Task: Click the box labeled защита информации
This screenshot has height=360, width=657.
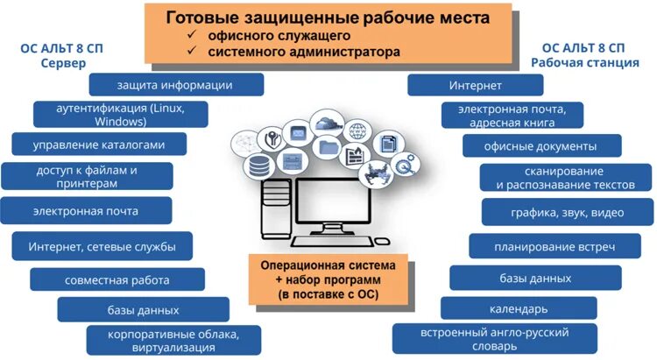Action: [x=176, y=84]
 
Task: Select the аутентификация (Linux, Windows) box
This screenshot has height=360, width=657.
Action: [x=120, y=115]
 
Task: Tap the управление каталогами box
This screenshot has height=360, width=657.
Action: [x=99, y=145]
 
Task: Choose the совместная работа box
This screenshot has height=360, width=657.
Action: [x=117, y=279]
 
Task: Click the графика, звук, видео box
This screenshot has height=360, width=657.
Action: [x=567, y=212]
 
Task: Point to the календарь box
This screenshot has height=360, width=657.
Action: [x=519, y=308]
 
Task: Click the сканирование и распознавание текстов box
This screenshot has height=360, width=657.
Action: [x=565, y=178]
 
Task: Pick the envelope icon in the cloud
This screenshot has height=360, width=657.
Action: [x=298, y=133]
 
